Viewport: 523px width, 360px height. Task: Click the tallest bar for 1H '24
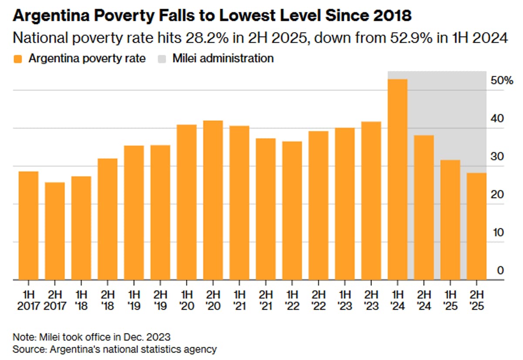[397, 179]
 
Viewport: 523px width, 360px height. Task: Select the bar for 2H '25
[476, 226]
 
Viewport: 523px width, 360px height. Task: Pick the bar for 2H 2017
[55, 231]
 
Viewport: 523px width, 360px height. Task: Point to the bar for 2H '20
[213, 200]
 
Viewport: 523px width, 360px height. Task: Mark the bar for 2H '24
[424, 207]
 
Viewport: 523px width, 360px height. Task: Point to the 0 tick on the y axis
[500, 271]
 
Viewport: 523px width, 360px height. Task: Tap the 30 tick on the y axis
[498, 157]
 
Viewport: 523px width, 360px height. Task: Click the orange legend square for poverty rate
[18, 59]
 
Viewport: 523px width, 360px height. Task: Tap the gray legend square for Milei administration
[162, 59]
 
